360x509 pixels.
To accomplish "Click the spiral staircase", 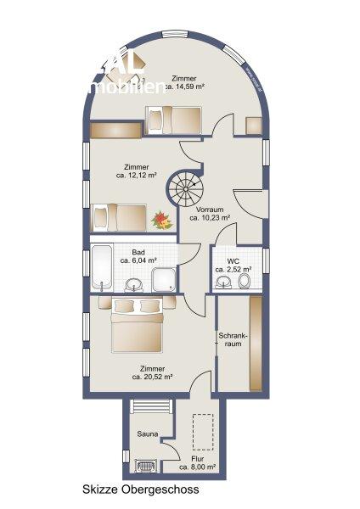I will pyautogui.click(x=186, y=186).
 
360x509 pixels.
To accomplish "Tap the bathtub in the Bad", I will pyautogui.click(x=102, y=266).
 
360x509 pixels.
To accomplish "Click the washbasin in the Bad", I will pyautogui.click(x=132, y=282).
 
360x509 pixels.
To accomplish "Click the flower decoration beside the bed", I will pyautogui.click(x=160, y=221).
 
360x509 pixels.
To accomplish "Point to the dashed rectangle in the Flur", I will pyautogui.click(x=201, y=433).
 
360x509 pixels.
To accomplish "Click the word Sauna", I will pyautogui.click(x=147, y=433).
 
